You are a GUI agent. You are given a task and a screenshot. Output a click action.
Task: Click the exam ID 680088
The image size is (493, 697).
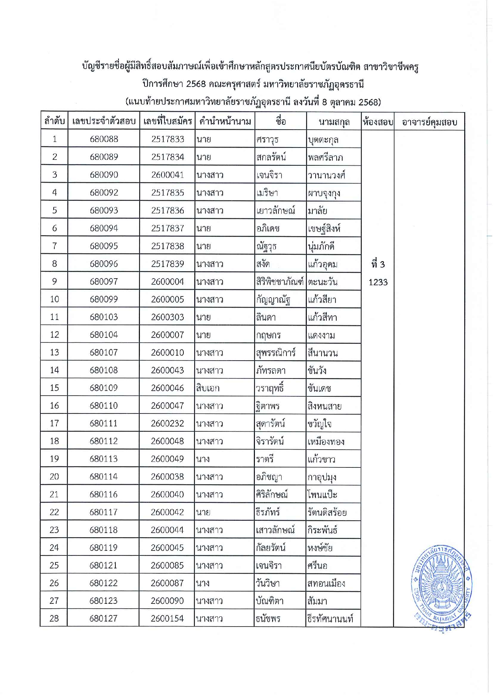[x=104, y=139]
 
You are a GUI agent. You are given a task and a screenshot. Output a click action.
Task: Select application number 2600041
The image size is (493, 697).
[x=168, y=175]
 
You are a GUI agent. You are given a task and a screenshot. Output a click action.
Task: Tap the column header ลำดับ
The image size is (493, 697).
[x=54, y=121]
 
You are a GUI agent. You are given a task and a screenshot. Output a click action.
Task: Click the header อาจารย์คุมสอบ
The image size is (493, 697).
[x=429, y=122]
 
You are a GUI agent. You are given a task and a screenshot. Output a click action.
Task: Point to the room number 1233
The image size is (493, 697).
[x=378, y=282]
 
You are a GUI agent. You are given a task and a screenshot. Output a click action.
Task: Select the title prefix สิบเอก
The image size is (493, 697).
[x=208, y=388]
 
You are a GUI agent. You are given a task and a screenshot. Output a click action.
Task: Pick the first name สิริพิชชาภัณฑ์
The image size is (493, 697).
[x=279, y=282]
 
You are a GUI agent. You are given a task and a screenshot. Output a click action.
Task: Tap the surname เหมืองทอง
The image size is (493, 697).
[x=326, y=441]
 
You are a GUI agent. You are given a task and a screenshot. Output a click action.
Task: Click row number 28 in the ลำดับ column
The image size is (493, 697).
[x=54, y=619]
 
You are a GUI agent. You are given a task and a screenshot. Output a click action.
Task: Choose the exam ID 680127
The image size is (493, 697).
[x=103, y=619]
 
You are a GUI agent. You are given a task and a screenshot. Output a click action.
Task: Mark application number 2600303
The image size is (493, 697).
[x=168, y=317]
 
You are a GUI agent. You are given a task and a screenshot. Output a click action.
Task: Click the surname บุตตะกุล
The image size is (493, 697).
[x=323, y=140]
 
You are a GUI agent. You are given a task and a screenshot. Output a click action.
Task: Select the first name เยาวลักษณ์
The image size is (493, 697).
[x=276, y=211]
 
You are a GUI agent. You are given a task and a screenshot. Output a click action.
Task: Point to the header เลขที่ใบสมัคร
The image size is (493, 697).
[x=168, y=121]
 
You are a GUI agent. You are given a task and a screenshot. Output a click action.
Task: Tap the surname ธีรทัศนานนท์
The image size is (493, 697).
[x=330, y=619]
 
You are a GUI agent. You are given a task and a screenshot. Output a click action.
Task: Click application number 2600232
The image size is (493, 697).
[x=168, y=423]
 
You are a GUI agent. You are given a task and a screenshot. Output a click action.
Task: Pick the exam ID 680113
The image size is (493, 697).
[x=103, y=459]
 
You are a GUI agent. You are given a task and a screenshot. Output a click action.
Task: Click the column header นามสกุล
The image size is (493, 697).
[x=334, y=122]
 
